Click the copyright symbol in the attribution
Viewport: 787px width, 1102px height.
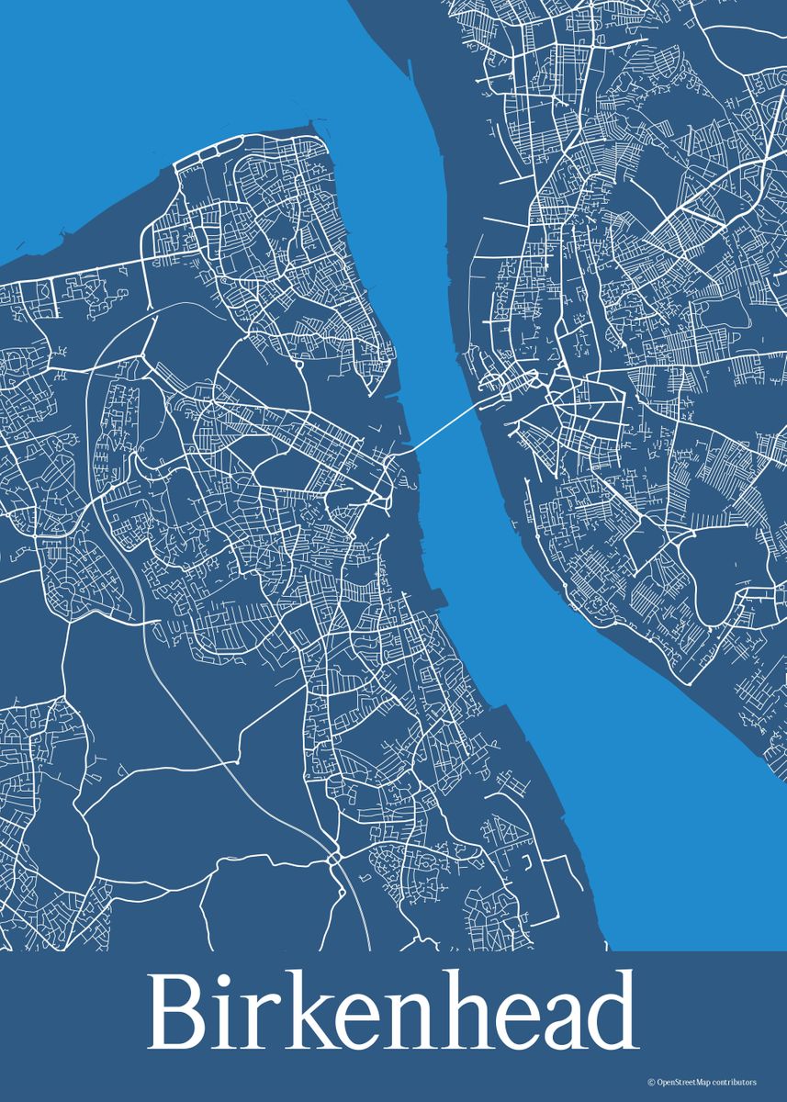coord(650,1083)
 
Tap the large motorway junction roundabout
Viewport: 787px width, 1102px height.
coord(334,859)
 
